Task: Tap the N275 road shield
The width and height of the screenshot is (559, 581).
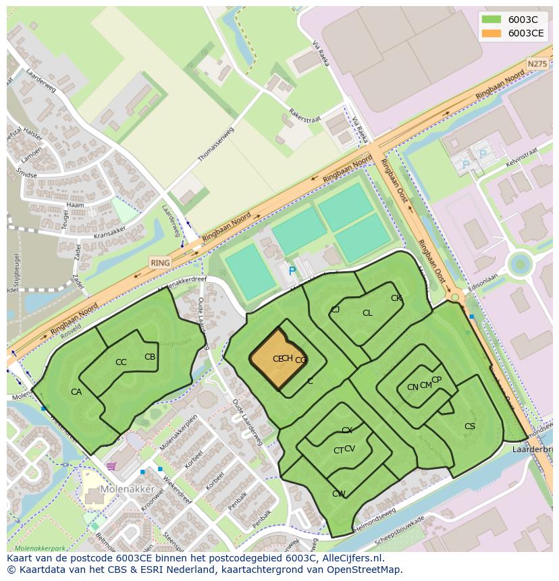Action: coord(537,63)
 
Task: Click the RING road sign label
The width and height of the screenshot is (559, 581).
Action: coord(160,262)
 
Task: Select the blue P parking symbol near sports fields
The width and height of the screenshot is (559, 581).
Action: coord(292,271)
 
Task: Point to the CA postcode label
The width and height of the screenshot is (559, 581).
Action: coord(76,392)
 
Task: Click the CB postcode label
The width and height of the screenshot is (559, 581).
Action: coord(150,357)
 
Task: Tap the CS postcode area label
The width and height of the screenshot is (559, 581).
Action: coord(470,426)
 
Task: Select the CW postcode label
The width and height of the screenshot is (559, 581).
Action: coord(338,494)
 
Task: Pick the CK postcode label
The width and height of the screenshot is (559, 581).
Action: coord(396,298)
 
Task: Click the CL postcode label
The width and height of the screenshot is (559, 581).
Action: coord(367,313)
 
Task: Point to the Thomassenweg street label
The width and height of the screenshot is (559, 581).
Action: coord(215,144)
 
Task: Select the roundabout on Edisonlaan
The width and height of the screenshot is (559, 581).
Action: coord(520,264)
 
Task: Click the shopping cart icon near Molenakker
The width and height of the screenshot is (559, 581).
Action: coord(111,466)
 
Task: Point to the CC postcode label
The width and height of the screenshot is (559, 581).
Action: coord(121,362)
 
